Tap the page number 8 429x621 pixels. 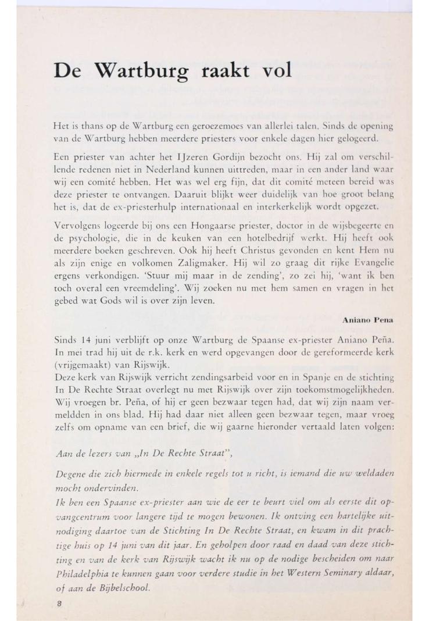tap(59, 605)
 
